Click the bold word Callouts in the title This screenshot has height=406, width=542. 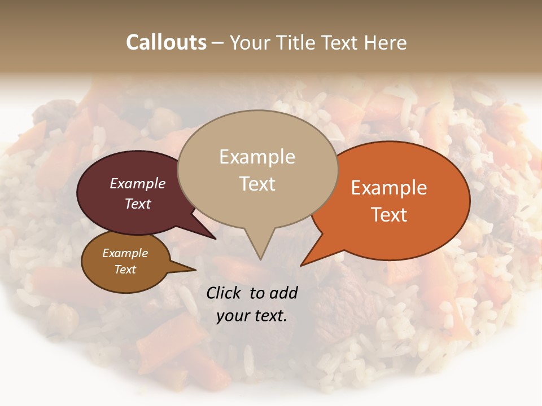pyautogui.click(x=166, y=42)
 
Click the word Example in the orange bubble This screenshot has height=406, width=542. pyautogui.click(x=389, y=188)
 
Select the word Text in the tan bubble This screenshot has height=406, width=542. pyautogui.click(x=257, y=183)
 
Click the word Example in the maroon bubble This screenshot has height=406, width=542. pyautogui.click(x=137, y=183)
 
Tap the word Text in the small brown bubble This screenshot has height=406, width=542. pyautogui.click(x=125, y=270)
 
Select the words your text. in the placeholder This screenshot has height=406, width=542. pyautogui.click(x=252, y=316)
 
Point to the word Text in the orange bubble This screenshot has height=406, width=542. pyautogui.click(x=389, y=214)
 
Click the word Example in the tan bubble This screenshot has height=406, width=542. pyautogui.click(x=257, y=157)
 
